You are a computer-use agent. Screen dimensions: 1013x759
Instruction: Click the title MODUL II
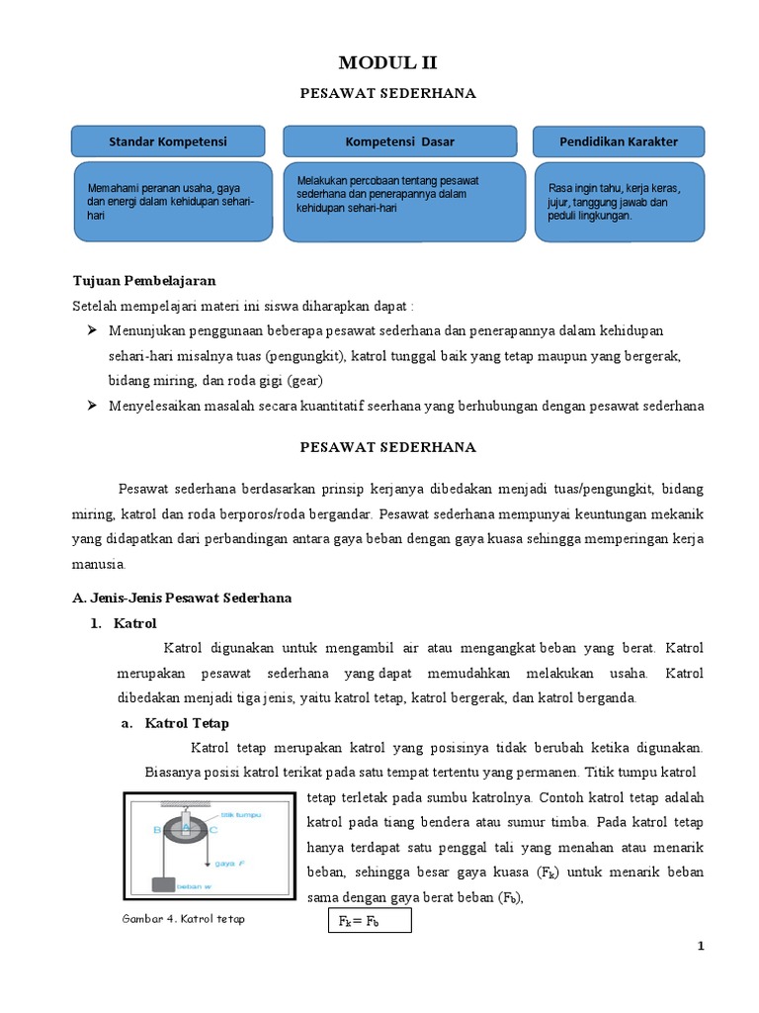[387, 63]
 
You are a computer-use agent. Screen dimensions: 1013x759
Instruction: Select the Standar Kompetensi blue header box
[168, 141]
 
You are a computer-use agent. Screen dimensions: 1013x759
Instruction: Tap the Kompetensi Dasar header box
[399, 141]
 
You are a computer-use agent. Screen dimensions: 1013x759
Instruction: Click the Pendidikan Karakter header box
[619, 141]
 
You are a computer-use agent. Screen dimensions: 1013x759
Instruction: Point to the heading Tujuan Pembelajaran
[144, 280]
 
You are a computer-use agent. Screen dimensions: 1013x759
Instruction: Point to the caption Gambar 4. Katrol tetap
[185, 919]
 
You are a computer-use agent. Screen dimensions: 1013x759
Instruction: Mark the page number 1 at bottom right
[701, 947]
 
